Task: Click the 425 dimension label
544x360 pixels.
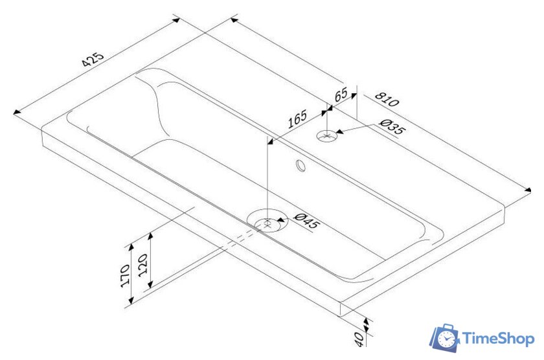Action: tap(93, 60)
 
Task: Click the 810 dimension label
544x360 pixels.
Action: tap(386, 100)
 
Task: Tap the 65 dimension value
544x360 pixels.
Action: tap(341, 95)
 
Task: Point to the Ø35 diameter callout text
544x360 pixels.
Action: tap(392, 127)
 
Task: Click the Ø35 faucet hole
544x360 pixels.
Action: tap(328, 136)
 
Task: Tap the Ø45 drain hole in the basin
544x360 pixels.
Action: tap(267, 223)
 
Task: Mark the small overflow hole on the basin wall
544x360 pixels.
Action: tap(300, 166)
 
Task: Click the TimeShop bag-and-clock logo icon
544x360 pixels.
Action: tap(446, 338)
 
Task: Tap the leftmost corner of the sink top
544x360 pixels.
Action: tap(41, 128)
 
